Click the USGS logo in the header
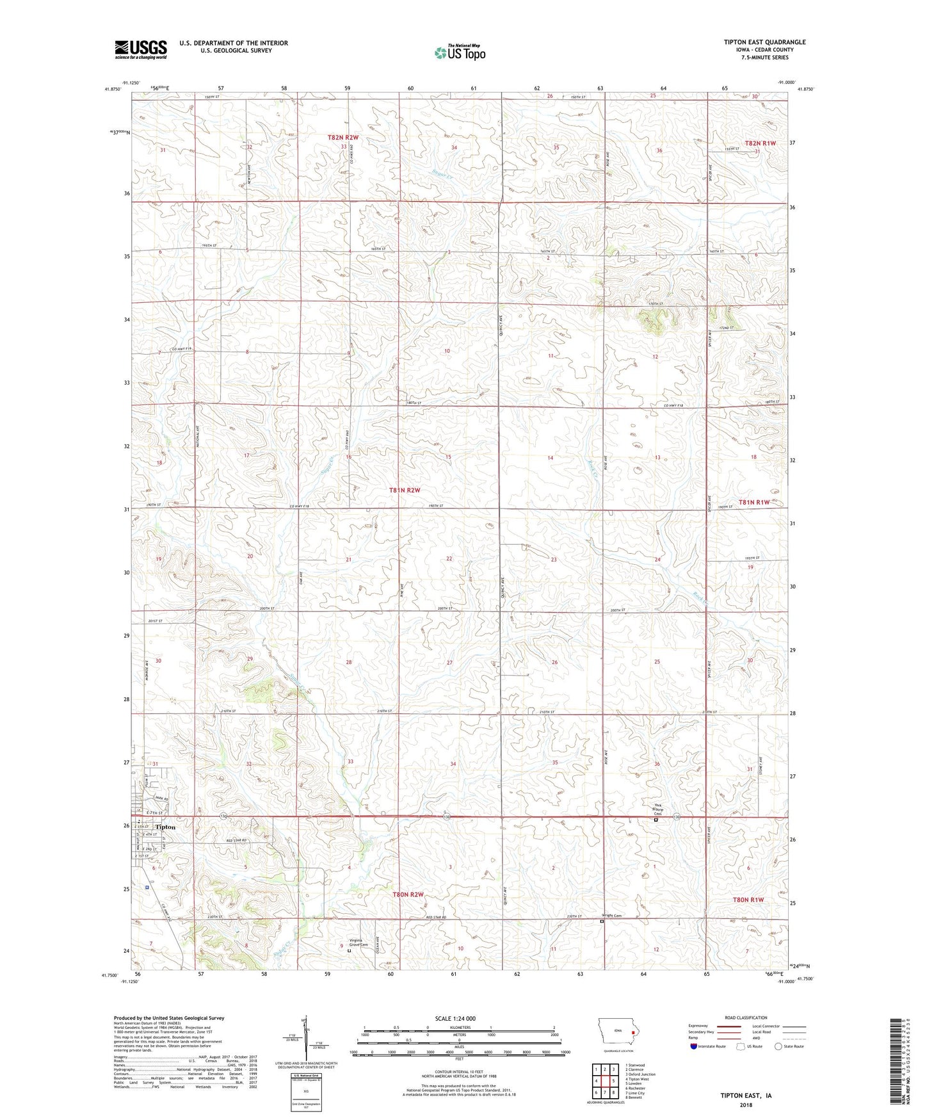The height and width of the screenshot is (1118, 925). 141,49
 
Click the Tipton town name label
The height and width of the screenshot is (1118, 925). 165,827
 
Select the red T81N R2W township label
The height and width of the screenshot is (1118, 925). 405,490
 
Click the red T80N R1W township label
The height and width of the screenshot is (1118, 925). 748,900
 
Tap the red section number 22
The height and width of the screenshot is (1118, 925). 449,559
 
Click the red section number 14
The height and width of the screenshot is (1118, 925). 550,458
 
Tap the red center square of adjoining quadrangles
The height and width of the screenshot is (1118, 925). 604,1081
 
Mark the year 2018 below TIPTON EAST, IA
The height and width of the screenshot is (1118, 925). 746,1105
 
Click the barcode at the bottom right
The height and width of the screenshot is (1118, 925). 896,1063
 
